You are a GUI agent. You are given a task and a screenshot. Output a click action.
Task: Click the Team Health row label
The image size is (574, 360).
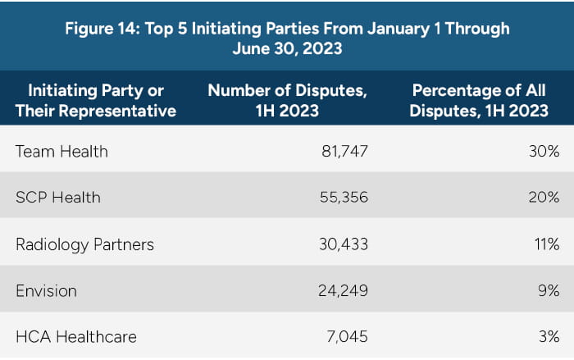(61, 151)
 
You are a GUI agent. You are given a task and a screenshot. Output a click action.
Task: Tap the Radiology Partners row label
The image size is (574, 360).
(84, 244)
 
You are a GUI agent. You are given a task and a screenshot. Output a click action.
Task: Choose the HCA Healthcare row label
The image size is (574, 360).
(75, 336)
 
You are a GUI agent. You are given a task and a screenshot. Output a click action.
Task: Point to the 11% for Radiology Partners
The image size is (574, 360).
(546, 244)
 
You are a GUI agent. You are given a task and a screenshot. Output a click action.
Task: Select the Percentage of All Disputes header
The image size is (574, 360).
(480, 99)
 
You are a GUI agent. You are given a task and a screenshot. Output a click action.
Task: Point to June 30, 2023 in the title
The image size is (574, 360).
(286, 48)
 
